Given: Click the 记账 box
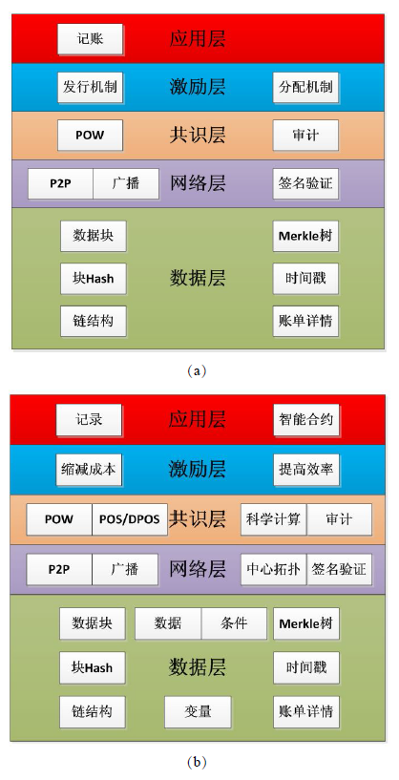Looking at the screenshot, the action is tap(90, 39).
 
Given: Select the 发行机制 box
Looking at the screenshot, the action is tap(90, 88).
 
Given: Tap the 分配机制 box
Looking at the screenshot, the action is tap(305, 88).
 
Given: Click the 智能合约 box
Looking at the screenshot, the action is tap(306, 420).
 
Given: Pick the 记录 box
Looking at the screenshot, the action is tap(89, 420).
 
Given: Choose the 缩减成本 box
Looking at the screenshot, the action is tap(89, 470).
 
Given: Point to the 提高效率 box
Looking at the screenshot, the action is tap(306, 470).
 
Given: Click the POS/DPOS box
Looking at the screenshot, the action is tap(130, 519).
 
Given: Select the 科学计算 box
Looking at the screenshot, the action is tap(274, 519).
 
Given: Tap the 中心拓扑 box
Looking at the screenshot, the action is tap(274, 569).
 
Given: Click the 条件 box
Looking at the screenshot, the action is tap(234, 623).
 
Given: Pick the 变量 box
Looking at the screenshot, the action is tap(198, 712).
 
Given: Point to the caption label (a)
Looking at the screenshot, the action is tap(197, 370).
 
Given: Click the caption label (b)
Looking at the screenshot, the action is tap(197, 762).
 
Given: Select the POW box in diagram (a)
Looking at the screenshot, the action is tap(90, 136).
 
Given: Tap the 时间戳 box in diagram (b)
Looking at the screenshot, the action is tap(306, 667).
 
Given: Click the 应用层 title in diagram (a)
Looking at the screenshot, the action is tap(198, 38).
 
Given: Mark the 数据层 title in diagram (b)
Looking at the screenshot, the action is tap(197, 666).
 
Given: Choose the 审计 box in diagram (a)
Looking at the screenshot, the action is tap(305, 136).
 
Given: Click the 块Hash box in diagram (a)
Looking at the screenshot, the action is tap(93, 279).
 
